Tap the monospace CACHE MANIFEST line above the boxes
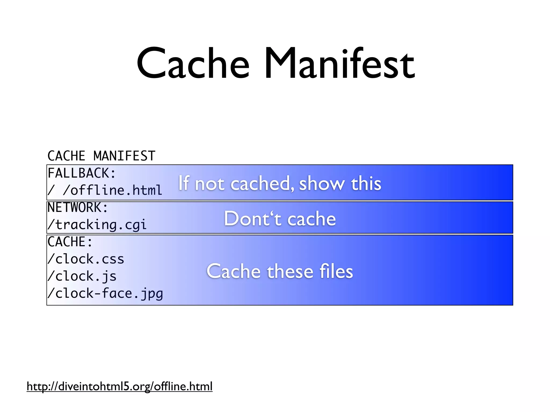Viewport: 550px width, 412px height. pyautogui.click(x=101, y=156)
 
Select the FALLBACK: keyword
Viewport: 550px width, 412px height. pyautogui.click(x=82, y=173)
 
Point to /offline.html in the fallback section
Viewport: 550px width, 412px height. pyautogui.click(x=113, y=190)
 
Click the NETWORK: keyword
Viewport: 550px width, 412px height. pyautogui.click(x=78, y=208)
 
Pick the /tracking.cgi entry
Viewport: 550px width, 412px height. pyautogui.click(x=97, y=225)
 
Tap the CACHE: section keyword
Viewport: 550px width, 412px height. pyautogui.click(x=70, y=242)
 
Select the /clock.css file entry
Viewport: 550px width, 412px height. pyautogui.click(x=86, y=259)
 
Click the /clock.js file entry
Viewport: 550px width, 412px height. pyautogui.click(x=82, y=276)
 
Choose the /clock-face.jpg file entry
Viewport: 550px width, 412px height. pyautogui.click(x=105, y=293)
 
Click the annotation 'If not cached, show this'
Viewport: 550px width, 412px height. pyautogui.click(x=280, y=183)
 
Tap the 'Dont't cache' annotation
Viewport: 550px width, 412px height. pyautogui.click(x=280, y=218)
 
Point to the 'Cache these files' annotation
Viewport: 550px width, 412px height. pyautogui.click(x=280, y=271)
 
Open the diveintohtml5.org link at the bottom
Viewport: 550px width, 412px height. pyautogui.click(x=120, y=387)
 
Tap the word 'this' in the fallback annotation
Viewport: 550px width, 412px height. pyautogui.click(x=366, y=183)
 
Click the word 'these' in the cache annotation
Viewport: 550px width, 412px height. pyautogui.click(x=290, y=271)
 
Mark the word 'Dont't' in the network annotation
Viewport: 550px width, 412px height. pyautogui.click(x=252, y=218)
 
